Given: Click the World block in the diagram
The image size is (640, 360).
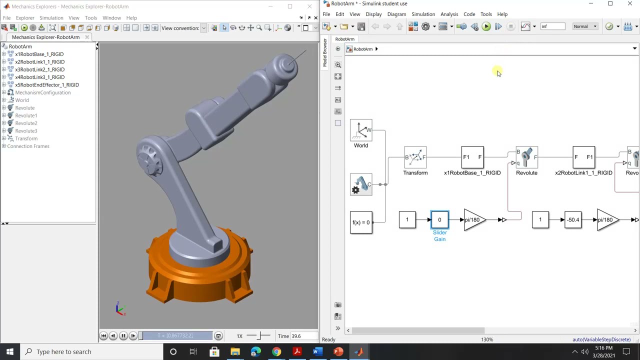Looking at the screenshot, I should tap(360, 131).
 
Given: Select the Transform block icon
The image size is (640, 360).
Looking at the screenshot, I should tap(415, 157).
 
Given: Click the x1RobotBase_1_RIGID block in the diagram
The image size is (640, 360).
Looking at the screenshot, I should tap(472, 157).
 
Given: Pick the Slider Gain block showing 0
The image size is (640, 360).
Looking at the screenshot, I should tap(439, 220).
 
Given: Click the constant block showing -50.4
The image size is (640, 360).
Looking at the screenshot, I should tap(572, 220).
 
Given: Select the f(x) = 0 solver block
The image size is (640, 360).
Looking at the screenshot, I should tap(361, 222).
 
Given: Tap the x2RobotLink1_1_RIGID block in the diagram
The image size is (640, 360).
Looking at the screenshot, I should tap(583, 157).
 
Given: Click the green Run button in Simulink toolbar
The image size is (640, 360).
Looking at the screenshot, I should tap(486, 26).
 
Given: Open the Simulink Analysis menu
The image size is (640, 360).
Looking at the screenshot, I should tap(449, 14).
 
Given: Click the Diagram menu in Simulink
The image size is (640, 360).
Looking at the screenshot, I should tap(396, 14).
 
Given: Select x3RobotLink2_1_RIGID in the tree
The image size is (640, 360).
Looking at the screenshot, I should tap(39, 69).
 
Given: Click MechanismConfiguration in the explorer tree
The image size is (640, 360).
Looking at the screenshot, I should tap(42, 92).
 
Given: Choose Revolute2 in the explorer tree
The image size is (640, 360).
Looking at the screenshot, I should tap(26, 123).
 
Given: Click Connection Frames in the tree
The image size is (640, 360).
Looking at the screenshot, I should tap(28, 146).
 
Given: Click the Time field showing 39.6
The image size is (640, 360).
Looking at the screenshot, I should tap(302, 336).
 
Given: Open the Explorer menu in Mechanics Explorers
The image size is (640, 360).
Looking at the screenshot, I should tap(24, 18).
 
